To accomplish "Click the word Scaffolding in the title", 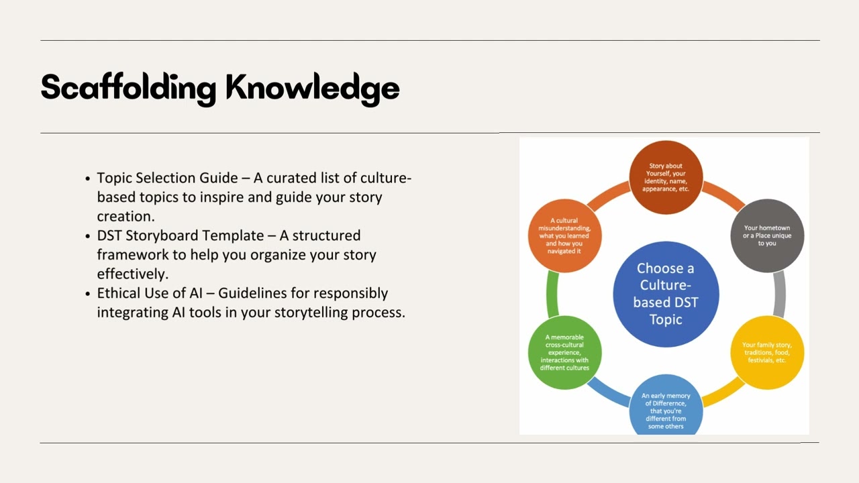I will pyautogui.click(x=128, y=87).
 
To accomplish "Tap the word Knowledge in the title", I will pyautogui.click(x=313, y=87).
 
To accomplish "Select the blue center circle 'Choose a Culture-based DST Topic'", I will pyautogui.click(x=666, y=294).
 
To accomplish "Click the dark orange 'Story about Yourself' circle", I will pyautogui.click(x=666, y=177).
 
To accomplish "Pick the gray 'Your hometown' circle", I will pyautogui.click(x=766, y=235).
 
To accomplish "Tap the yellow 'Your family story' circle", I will pyautogui.click(x=766, y=352).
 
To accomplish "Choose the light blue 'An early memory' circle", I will pyautogui.click(x=666, y=406).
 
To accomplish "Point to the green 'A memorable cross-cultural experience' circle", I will pyautogui.click(x=564, y=352).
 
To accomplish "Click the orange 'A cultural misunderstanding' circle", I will pyautogui.click(x=564, y=235).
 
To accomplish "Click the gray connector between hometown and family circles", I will pyautogui.click(x=779, y=294).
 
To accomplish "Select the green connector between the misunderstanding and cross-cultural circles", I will pyautogui.click(x=552, y=294).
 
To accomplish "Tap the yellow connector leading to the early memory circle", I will pyautogui.click(x=723, y=392).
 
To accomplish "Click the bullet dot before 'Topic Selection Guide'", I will pyautogui.click(x=89, y=179).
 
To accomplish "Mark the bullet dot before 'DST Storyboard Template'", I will pyautogui.click(x=89, y=237).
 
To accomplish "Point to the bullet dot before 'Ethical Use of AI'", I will pyautogui.click(x=89, y=294).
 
